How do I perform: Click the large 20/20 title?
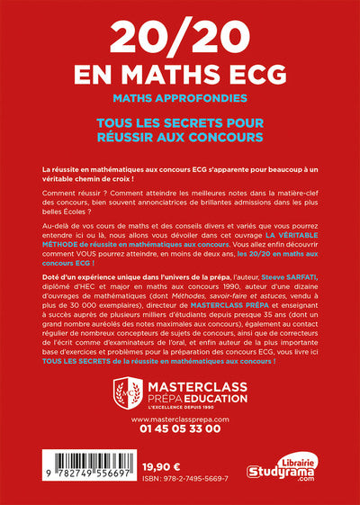coord(180,38)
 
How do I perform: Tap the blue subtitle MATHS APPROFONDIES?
coord(180,95)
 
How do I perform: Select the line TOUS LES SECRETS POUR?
coord(180,122)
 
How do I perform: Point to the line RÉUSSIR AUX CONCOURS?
coord(180,137)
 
